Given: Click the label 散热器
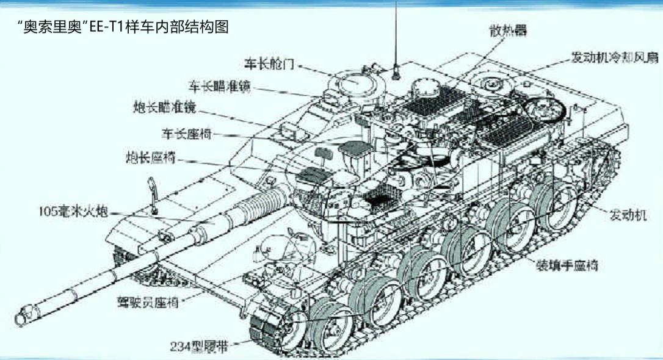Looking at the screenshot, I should [507, 30].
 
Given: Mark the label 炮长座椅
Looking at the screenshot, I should [150, 157].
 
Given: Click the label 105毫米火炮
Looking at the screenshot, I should [73, 212].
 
